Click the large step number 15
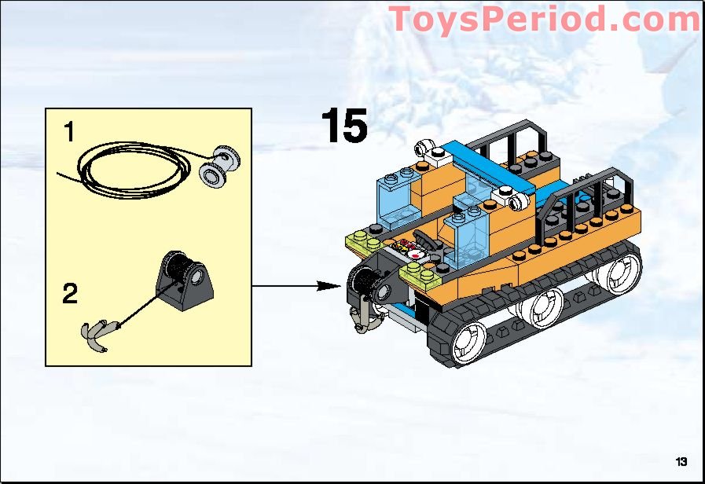(x=343, y=126)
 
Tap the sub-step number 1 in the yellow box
(x=70, y=133)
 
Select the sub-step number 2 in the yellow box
(x=70, y=295)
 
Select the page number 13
(x=681, y=460)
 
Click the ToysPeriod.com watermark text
(x=545, y=19)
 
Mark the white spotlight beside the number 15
(x=425, y=148)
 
